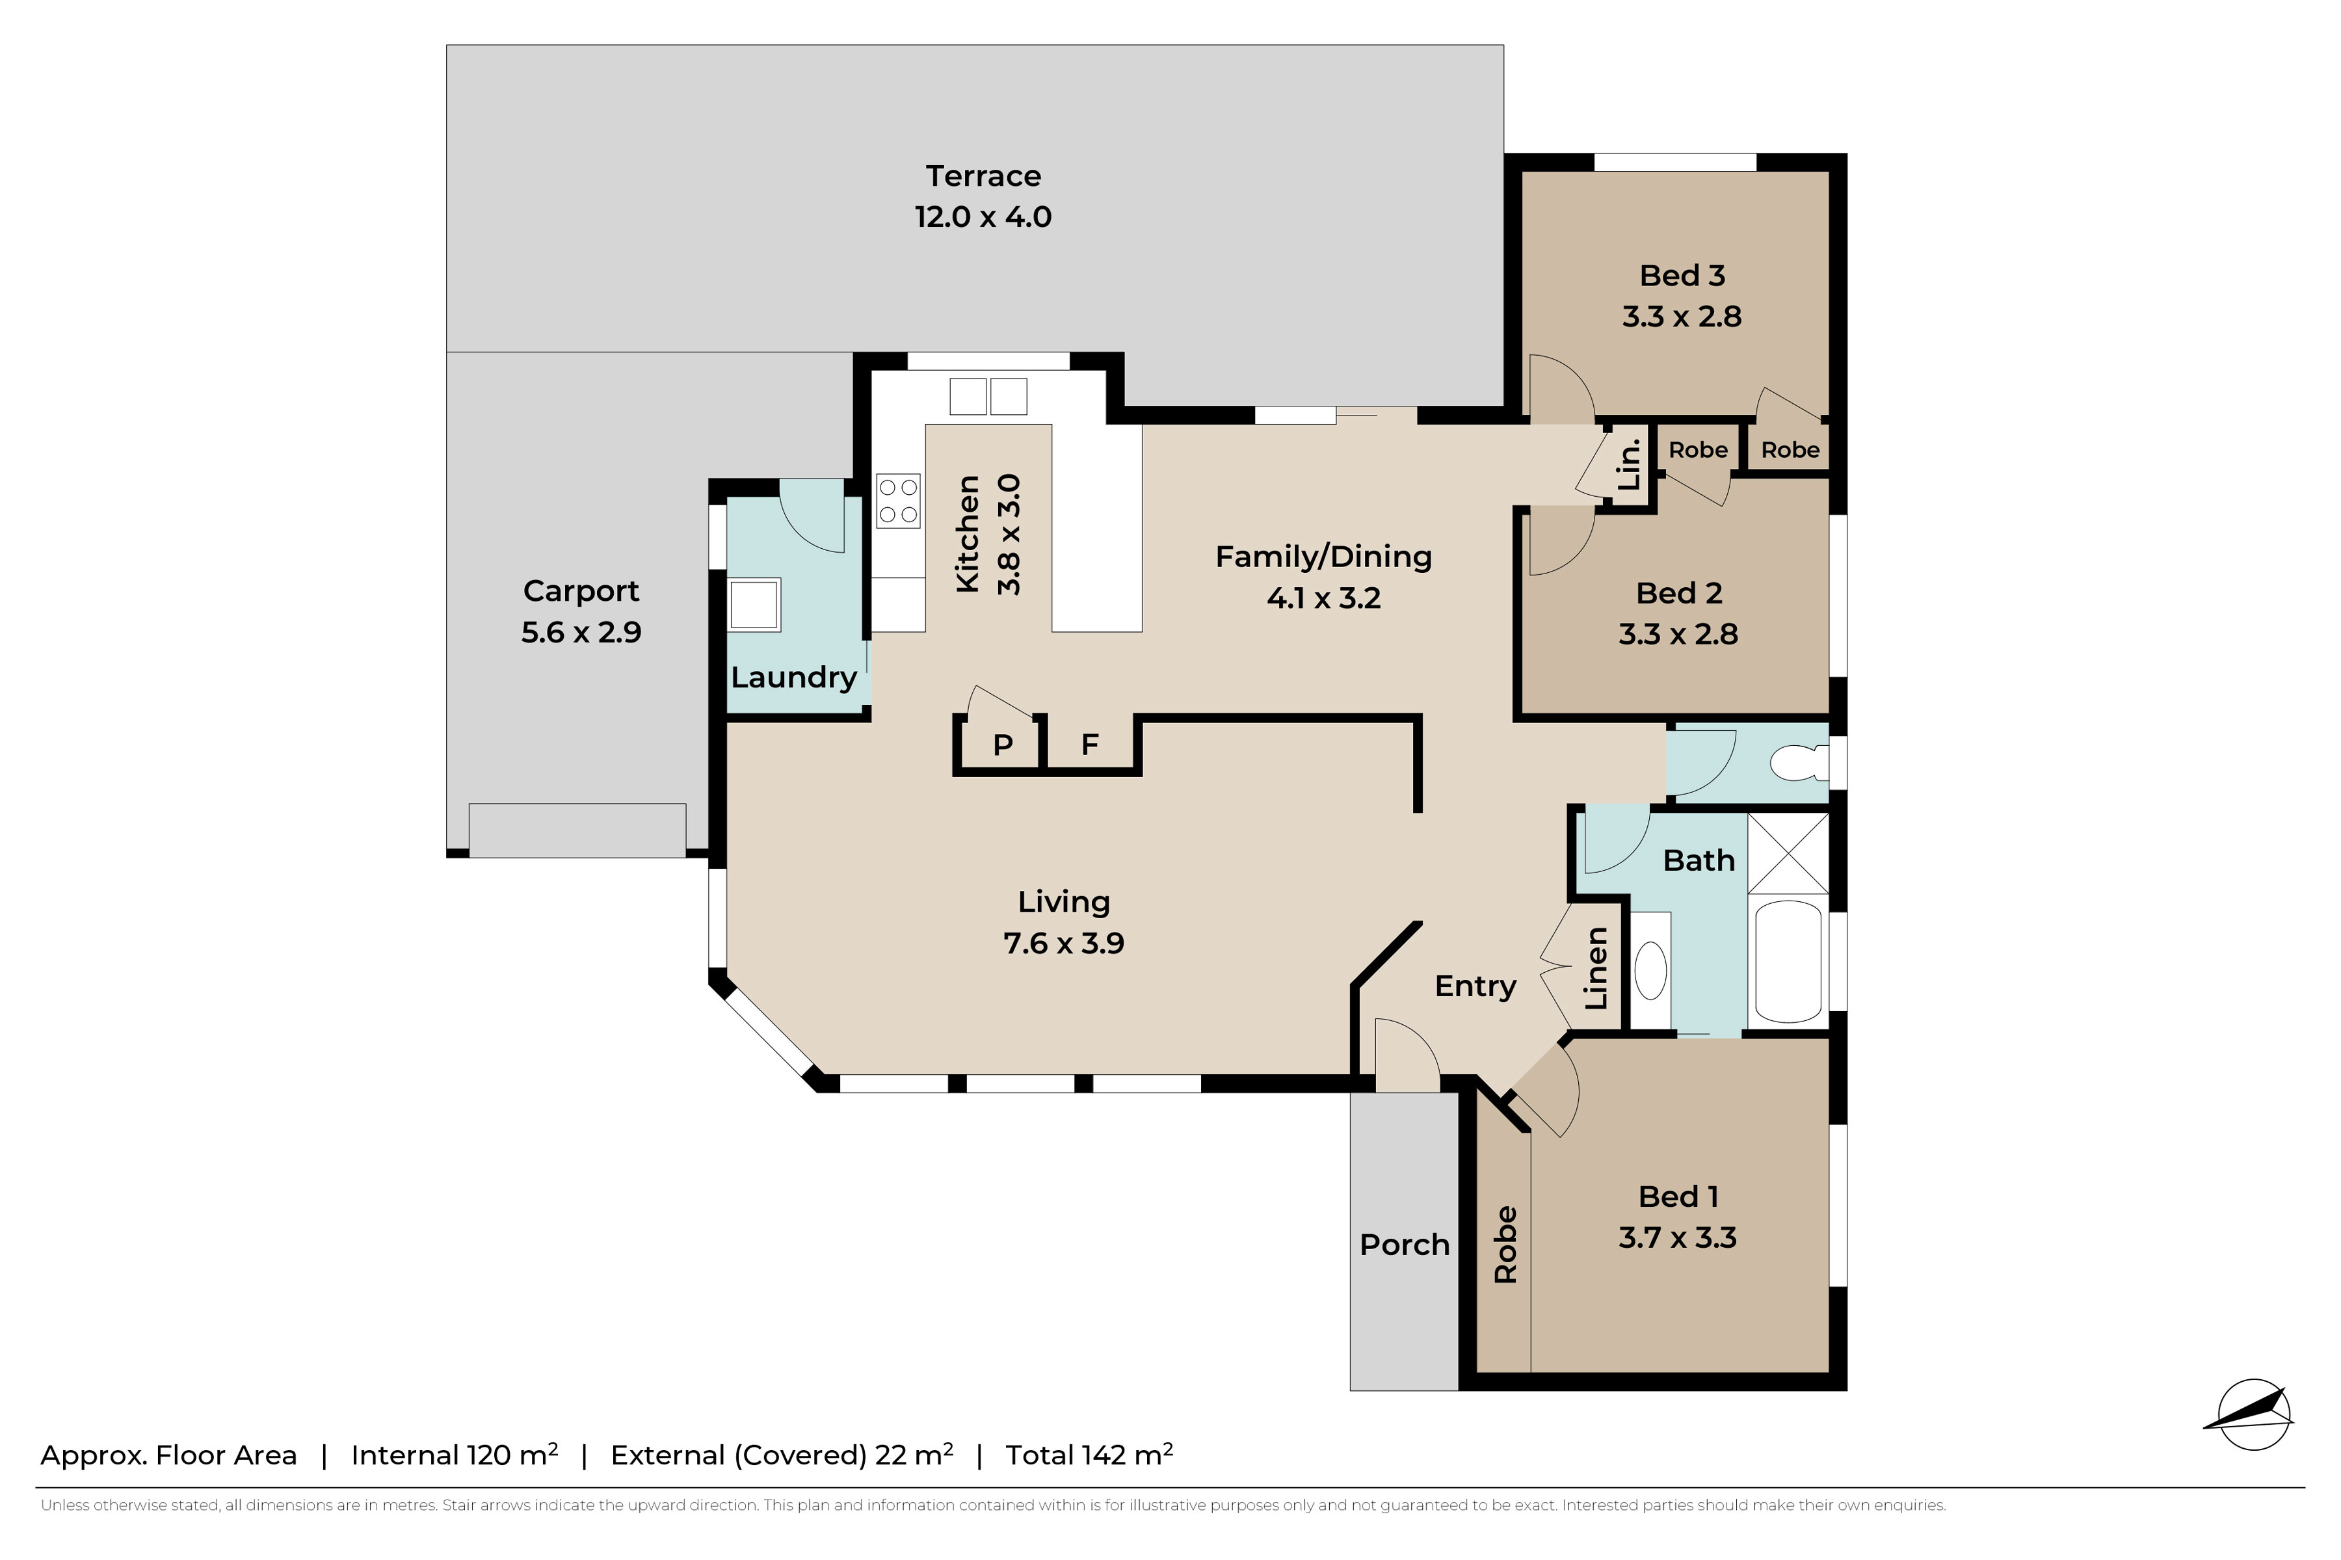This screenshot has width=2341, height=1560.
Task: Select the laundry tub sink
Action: click(754, 605)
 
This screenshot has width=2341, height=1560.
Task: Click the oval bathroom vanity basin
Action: click(1650, 971)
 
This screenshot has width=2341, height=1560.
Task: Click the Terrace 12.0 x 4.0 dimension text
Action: click(983, 217)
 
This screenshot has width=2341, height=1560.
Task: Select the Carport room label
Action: click(581, 591)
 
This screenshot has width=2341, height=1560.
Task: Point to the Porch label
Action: click(1404, 1245)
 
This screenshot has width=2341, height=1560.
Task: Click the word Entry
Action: click(1475, 986)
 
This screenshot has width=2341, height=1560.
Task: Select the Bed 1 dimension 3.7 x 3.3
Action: click(1678, 1237)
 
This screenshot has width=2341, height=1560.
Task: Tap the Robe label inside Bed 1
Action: click(1505, 1245)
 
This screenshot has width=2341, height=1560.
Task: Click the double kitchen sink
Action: click(988, 396)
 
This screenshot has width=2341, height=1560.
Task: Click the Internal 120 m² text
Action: click(454, 1455)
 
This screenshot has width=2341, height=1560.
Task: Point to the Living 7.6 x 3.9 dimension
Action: click(1064, 943)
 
